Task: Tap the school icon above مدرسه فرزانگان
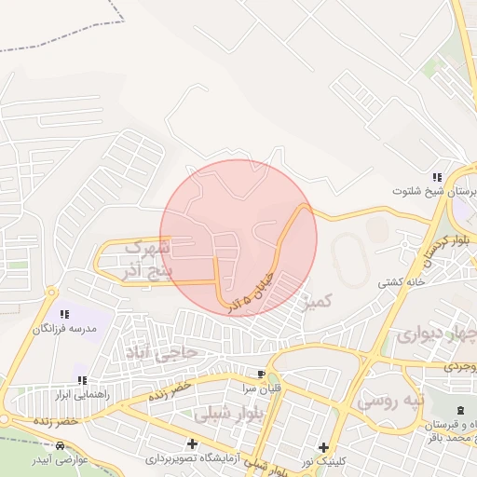click(64, 315)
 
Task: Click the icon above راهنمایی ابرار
click(82, 380)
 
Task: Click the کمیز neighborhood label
click(318, 301)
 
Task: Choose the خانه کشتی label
click(402, 281)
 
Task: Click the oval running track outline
click(346, 254)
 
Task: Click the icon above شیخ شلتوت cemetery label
click(436, 177)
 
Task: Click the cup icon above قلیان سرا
click(247, 374)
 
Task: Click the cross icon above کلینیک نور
click(323, 447)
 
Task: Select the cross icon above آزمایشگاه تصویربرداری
click(193, 443)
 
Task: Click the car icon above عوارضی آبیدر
click(61, 446)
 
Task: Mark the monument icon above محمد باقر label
click(459, 411)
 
